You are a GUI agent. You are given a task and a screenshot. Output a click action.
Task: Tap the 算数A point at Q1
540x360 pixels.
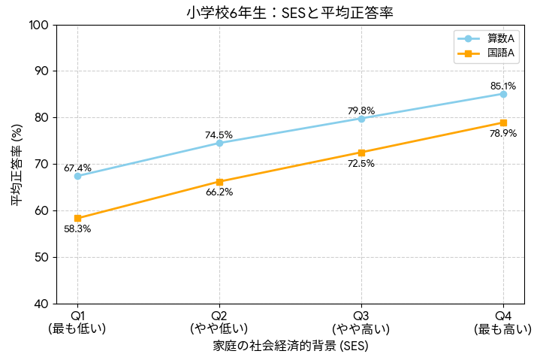pyautogui.click(x=77, y=176)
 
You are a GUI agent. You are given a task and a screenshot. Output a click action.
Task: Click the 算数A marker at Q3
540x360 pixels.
pyautogui.click(x=361, y=119)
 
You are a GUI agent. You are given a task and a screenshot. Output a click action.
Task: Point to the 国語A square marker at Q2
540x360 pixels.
pyautogui.click(x=219, y=182)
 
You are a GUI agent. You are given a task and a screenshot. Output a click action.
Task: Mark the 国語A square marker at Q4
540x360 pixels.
pyautogui.click(x=503, y=123)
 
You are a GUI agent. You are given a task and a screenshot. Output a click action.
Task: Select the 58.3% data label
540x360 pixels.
pyautogui.click(x=77, y=228)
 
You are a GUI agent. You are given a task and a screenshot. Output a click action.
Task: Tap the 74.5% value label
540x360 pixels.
pyautogui.click(x=219, y=135)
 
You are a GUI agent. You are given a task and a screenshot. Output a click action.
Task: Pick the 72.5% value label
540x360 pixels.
pyautogui.click(x=361, y=163)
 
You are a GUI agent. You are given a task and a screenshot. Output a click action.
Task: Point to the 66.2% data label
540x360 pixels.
pyautogui.click(x=219, y=192)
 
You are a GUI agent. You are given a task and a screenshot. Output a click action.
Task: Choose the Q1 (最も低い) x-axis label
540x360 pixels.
pyautogui.click(x=77, y=321)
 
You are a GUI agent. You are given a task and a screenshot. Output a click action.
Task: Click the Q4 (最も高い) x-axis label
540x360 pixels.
pyautogui.click(x=502, y=321)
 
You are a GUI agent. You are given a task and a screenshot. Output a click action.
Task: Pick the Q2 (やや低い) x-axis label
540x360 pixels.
pyautogui.click(x=219, y=321)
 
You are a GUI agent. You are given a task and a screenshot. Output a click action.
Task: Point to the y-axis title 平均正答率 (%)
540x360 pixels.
pyautogui.click(x=15, y=165)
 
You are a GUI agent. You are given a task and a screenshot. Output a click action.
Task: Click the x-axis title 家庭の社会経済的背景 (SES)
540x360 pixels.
pyautogui.click(x=290, y=346)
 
